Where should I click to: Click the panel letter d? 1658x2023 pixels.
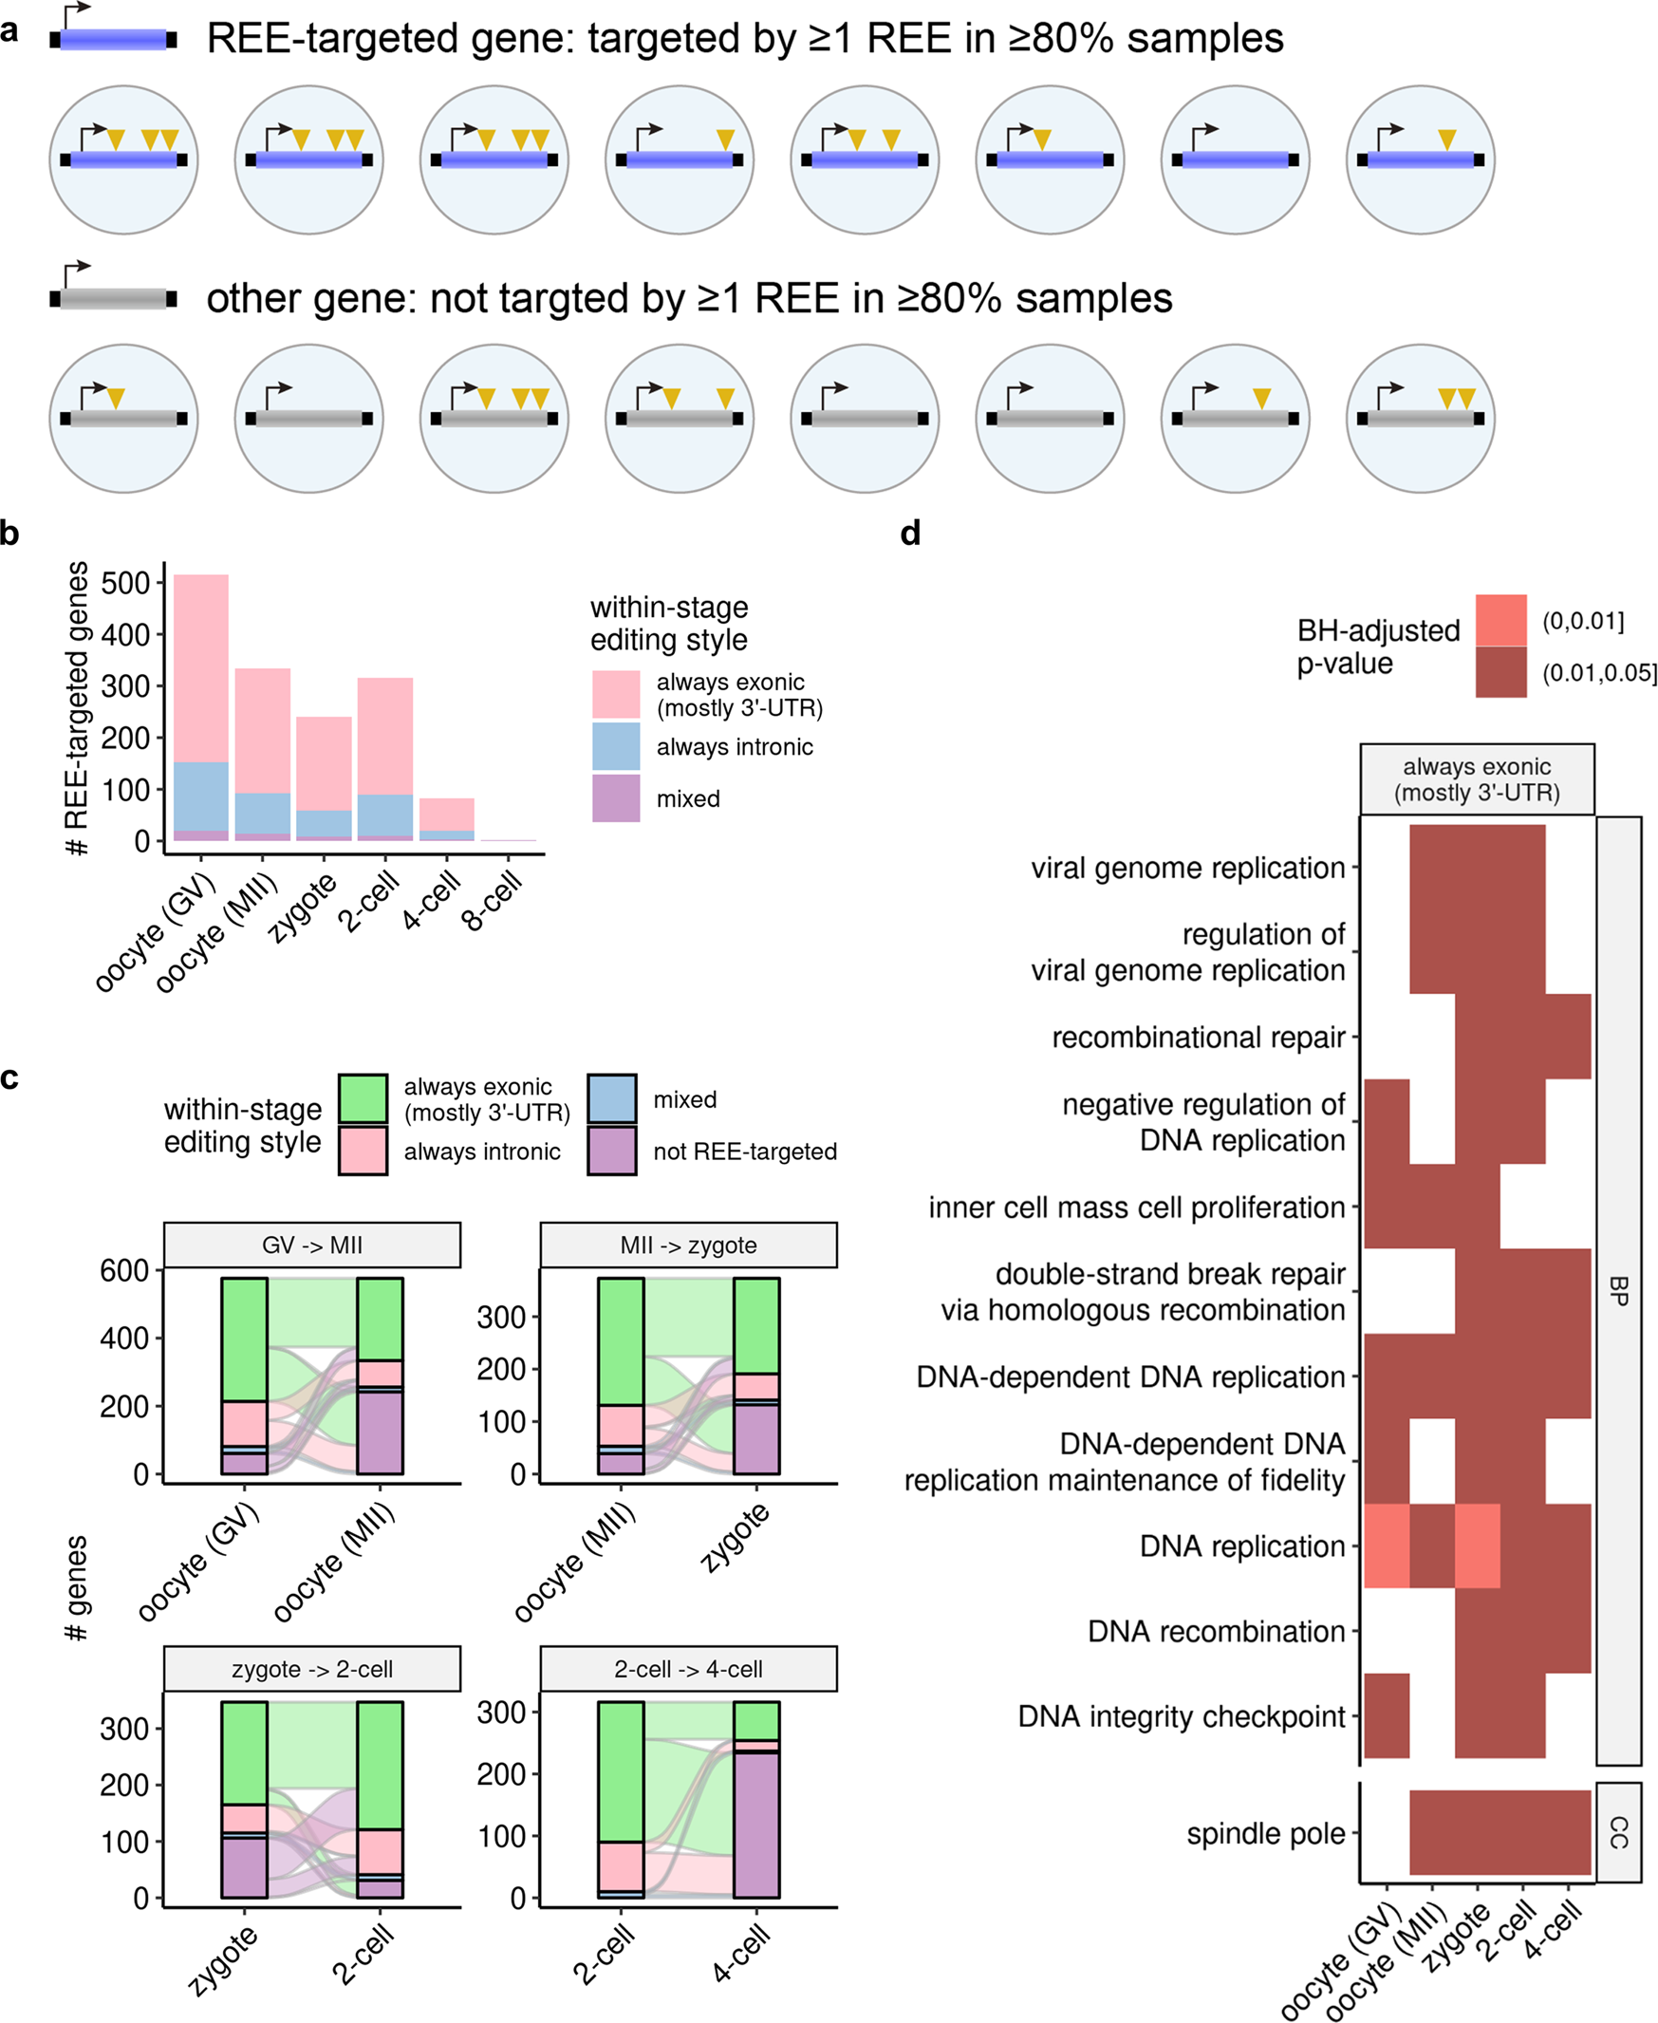910,533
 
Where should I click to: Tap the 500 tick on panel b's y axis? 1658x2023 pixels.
125,584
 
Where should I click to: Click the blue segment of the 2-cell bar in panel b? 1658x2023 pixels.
385,815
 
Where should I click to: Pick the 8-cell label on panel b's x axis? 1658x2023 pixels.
493,902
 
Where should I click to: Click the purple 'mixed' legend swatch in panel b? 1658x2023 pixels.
615,797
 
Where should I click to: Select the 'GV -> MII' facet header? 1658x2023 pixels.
311,1246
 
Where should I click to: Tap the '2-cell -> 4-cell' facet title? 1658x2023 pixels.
688,1670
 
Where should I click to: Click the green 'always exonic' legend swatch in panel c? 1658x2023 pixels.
363,1098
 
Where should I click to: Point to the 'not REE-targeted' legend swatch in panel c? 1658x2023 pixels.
611,1150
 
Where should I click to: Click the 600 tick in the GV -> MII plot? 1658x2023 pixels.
125,1271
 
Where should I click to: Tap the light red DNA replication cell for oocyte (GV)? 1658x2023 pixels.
1386,1545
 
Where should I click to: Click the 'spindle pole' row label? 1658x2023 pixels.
1264,1834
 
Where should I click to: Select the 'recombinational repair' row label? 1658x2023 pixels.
1198,1038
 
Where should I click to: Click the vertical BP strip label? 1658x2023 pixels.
1618,1290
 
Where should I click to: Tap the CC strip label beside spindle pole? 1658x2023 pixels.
1618,1833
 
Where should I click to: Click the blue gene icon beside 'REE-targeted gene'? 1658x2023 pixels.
113,39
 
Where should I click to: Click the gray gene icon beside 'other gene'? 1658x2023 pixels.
113,299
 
